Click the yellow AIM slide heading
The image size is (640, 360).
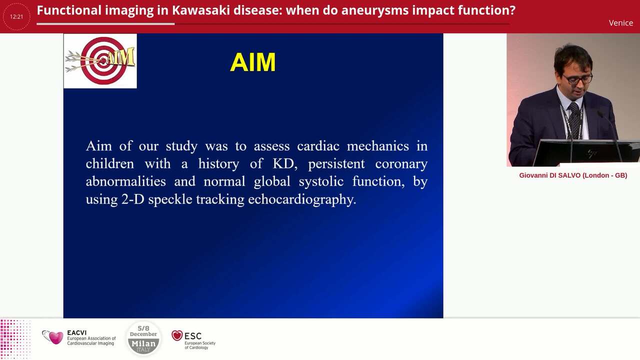(x=252, y=63)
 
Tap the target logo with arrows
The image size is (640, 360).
(x=100, y=61)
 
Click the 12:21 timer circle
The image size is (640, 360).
(x=16, y=16)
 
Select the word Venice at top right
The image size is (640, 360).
(x=620, y=23)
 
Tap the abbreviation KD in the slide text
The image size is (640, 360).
(x=283, y=163)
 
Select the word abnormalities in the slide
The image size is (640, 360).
(x=125, y=181)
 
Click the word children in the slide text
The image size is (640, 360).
(x=109, y=163)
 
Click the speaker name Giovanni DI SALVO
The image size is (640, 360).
(x=572, y=175)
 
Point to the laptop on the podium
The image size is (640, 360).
(x=585, y=152)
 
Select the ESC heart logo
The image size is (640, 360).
(x=177, y=335)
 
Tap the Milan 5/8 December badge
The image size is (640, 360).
(x=143, y=338)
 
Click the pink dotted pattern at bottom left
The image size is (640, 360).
(x=15, y=339)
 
